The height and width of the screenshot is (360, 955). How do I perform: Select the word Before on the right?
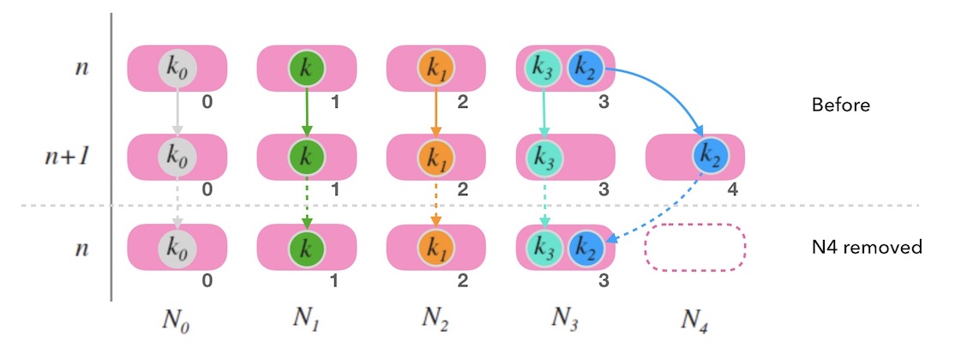[x=841, y=106]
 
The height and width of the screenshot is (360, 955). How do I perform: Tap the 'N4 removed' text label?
[x=867, y=248]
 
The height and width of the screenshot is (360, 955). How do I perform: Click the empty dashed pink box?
[x=695, y=247]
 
